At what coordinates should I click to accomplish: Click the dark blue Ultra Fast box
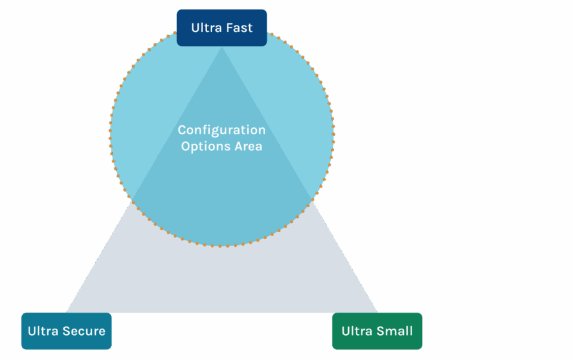coord(222,27)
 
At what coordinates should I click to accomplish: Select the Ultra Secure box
coord(66,331)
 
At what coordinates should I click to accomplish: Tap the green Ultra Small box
coord(377,331)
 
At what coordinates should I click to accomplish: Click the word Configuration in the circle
coord(222,130)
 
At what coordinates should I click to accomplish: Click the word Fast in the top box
coord(238,27)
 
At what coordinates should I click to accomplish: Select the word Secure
coord(83,331)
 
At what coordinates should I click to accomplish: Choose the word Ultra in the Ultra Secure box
coord(43,331)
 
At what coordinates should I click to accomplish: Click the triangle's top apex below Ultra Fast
coord(222,48)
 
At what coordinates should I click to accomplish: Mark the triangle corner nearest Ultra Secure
coord(67,312)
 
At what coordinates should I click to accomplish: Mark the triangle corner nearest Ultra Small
coord(377,312)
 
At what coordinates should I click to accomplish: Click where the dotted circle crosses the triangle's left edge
coord(133,200)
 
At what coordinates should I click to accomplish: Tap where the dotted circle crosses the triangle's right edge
coord(311,200)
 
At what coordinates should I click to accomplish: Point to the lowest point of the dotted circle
coord(222,246)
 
